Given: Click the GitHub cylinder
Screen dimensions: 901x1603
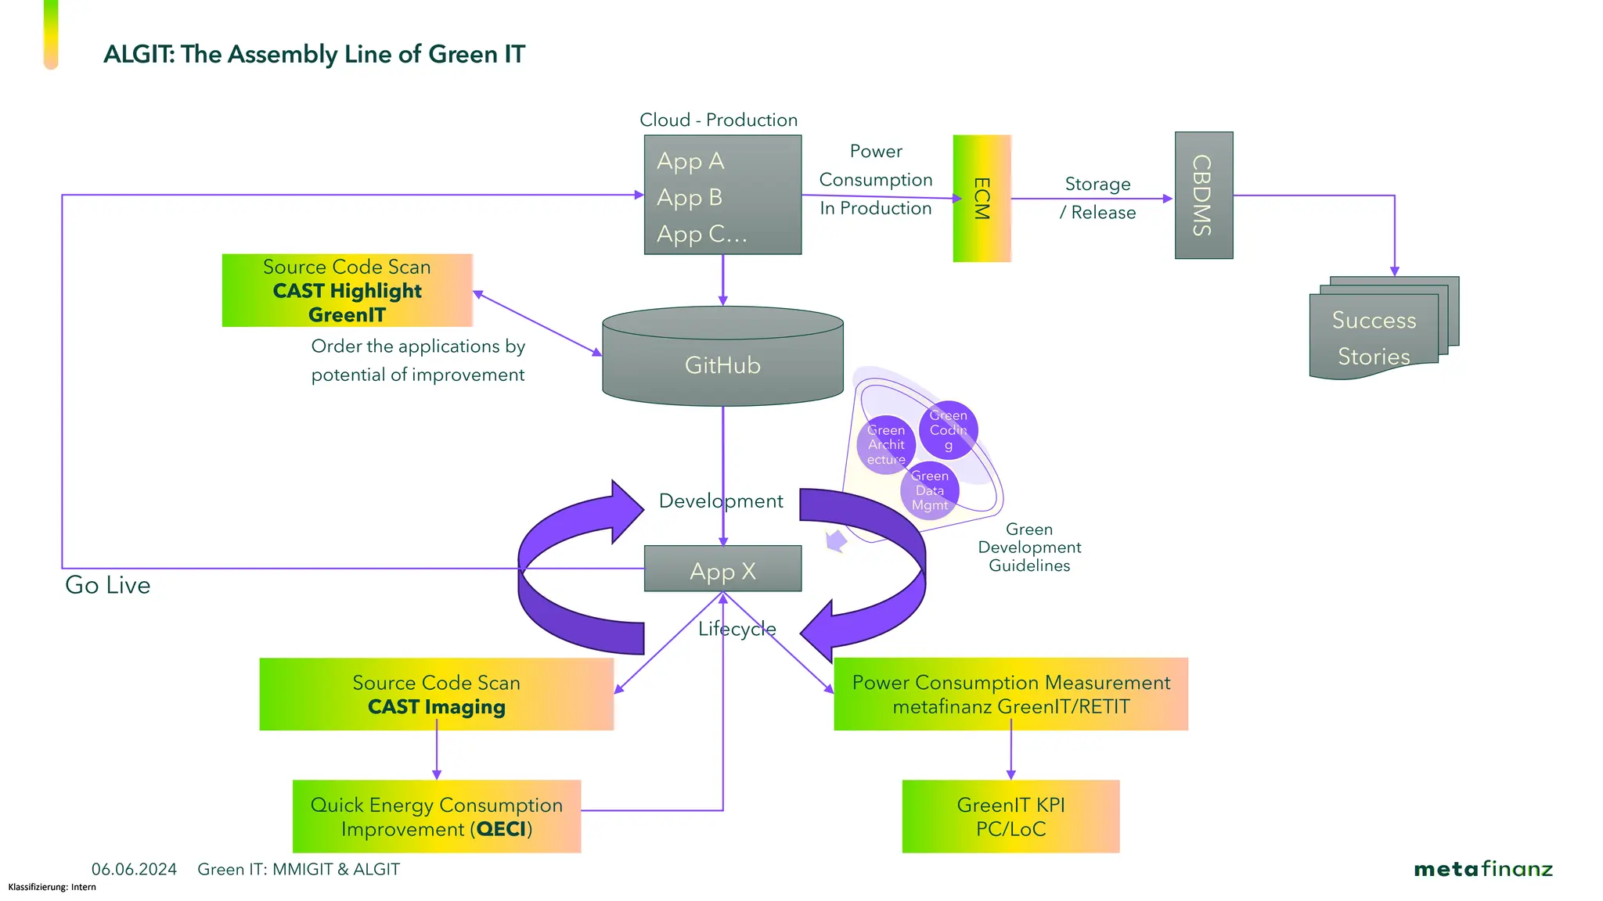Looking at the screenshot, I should (722, 364).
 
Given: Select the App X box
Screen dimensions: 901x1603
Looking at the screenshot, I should (722, 569).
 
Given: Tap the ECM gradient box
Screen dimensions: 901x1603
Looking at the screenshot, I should (982, 199).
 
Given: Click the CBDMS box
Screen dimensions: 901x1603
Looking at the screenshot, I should (1203, 196).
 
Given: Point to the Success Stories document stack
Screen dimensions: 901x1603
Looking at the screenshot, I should (1374, 336).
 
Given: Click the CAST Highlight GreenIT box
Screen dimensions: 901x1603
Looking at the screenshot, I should (347, 290).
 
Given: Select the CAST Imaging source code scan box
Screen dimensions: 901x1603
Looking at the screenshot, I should (436, 695).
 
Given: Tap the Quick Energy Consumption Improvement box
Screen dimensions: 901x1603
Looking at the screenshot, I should (436, 817).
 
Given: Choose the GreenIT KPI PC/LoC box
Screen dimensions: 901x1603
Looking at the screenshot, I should (1010, 817).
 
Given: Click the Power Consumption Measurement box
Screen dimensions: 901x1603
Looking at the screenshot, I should (1010, 695).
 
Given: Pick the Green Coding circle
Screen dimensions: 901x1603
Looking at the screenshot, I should (948, 430).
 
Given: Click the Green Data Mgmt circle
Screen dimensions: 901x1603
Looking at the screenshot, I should (929, 490).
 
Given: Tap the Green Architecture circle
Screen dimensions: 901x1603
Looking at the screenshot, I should (886, 445).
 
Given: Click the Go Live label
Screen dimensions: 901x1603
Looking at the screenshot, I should (107, 585).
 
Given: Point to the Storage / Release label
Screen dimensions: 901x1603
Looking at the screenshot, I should (1097, 198).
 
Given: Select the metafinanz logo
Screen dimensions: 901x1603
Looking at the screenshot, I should (1482, 869).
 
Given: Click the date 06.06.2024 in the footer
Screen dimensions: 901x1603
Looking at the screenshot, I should (134, 869).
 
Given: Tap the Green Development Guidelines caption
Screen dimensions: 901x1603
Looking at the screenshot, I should (1028, 547).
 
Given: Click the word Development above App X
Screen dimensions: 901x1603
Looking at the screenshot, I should (720, 501).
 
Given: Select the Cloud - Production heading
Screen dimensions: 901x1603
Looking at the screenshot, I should (718, 120).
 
